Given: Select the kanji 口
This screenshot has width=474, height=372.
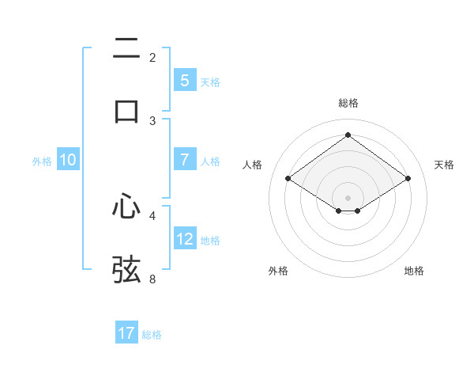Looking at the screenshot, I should [126, 111].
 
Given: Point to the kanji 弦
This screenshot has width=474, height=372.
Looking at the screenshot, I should [126, 269].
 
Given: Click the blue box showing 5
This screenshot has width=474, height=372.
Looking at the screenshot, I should [185, 81].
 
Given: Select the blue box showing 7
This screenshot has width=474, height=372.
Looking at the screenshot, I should [185, 161].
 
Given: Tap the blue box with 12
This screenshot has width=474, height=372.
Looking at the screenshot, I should [185, 240].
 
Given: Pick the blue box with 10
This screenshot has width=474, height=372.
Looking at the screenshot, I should [68, 161].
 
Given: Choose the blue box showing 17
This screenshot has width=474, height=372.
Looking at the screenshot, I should [126, 333].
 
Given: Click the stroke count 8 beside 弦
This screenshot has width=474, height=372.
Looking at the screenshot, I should [152, 279].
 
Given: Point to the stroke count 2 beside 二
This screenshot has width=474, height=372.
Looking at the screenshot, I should [152, 58].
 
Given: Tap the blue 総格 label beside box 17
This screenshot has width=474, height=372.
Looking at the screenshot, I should [152, 335].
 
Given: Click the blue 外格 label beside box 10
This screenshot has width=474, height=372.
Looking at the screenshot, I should [42, 161].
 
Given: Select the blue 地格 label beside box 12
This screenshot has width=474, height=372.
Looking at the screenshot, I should [210, 241].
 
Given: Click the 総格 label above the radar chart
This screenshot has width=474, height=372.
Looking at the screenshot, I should [348, 103].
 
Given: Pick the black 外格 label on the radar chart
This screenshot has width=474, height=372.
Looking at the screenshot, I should [278, 271].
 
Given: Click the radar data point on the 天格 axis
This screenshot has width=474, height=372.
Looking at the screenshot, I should [408, 179].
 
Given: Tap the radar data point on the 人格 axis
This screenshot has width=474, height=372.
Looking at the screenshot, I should [288, 179].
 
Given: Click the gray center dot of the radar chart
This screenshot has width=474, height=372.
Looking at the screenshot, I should [348, 197].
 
